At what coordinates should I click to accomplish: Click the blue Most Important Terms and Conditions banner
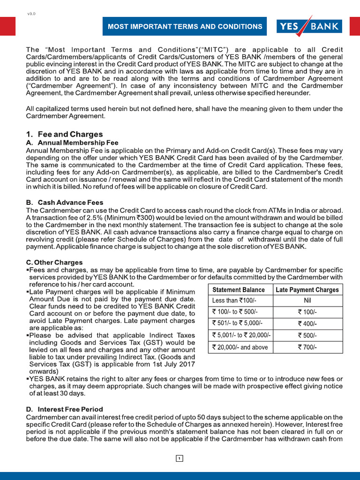[x=185, y=27]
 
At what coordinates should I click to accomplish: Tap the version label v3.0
[x=31, y=14]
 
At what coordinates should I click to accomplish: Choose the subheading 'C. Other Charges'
[x=54, y=262]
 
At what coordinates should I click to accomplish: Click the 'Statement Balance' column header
[x=239, y=290]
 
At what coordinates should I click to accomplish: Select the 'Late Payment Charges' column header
[x=307, y=290]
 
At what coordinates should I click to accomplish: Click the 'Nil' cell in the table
[x=307, y=300]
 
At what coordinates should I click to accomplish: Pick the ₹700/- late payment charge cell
[x=307, y=347]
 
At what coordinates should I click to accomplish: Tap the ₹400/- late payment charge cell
[x=307, y=323]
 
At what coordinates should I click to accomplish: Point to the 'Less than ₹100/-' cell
[x=234, y=300]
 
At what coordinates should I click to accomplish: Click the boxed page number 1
[x=180, y=458]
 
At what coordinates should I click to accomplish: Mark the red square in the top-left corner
[x=7, y=26]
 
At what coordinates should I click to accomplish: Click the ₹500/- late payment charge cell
[x=307, y=335]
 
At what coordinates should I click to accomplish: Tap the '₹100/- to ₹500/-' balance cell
[x=235, y=312]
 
